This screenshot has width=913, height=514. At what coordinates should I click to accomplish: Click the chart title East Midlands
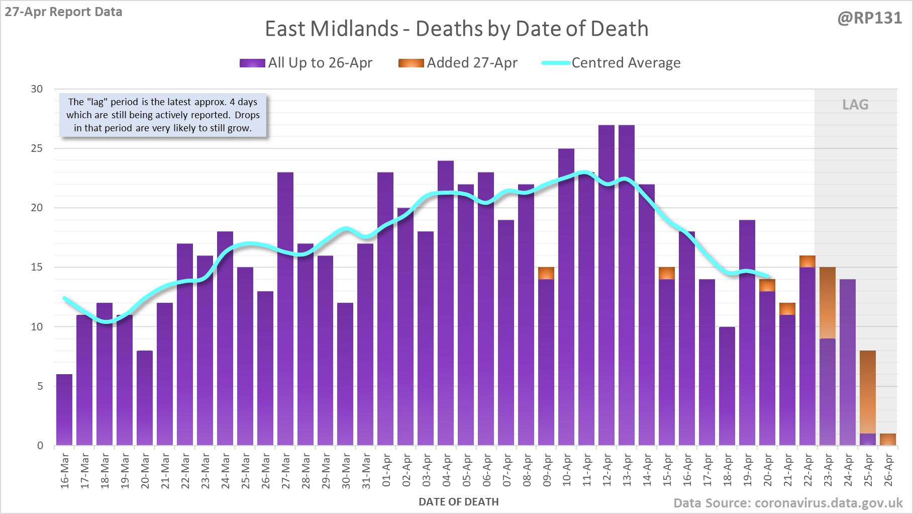(x=456, y=29)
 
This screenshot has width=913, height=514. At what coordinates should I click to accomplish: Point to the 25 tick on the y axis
(x=37, y=148)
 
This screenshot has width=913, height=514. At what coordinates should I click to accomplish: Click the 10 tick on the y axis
(x=37, y=327)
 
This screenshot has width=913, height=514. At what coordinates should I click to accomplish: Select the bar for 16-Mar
(x=64, y=410)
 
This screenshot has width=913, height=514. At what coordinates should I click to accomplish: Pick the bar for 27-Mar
(x=285, y=309)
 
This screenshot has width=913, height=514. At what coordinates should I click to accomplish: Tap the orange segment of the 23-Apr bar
(x=828, y=303)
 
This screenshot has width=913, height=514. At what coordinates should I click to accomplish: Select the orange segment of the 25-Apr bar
(x=868, y=392)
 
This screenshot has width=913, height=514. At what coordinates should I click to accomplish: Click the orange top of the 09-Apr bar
(x=546, y=273)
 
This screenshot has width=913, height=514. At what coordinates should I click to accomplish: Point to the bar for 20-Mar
(x=145, y=398)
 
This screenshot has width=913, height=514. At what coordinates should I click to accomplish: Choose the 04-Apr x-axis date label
(x=446, y=470)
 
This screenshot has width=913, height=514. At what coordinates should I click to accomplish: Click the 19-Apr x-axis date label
(x=747, y=470)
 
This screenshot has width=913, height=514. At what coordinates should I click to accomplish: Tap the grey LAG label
(x=855, y=105)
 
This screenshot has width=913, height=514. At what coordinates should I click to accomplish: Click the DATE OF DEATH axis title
(x=458, y=502)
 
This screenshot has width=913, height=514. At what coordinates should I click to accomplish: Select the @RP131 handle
(x=869, y=18)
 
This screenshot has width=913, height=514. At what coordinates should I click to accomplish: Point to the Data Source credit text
(x=787, y=503)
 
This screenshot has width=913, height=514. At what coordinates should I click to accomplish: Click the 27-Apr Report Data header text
(x=64, y=12)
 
